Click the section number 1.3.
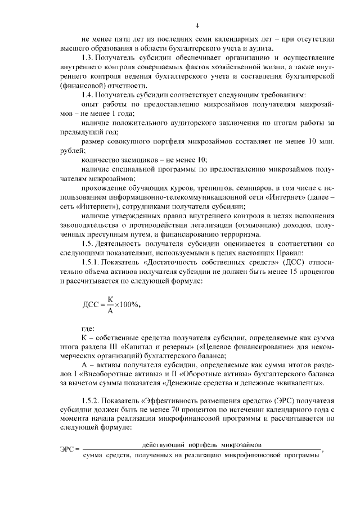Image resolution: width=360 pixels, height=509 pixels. (x=88, y=58)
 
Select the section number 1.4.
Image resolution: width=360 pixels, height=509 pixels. (x=88, y=94)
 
